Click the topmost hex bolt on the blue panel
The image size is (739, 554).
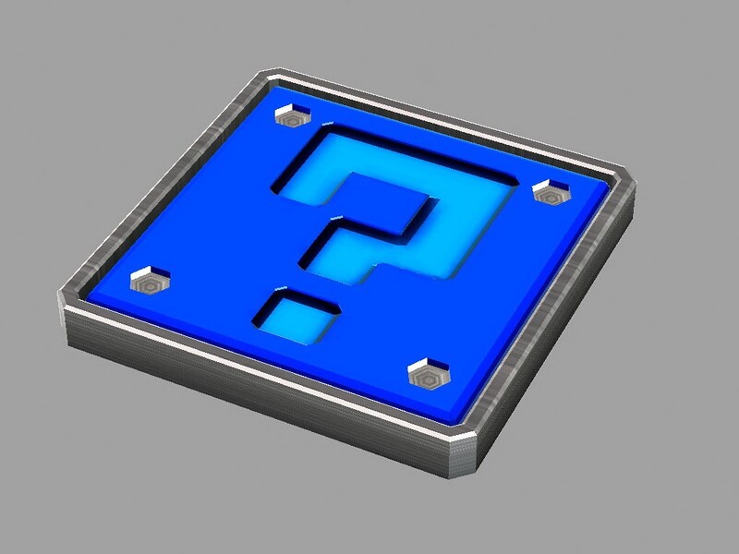(x=294, y=118)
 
